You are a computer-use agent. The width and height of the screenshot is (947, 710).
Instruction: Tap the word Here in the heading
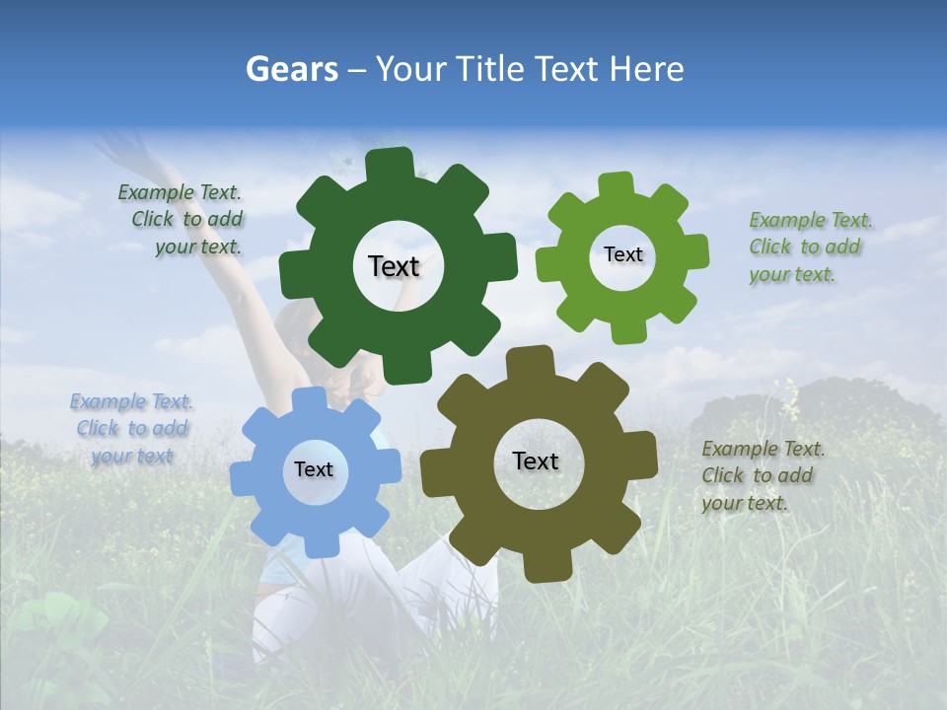pyautogui.click(x=647, y=69)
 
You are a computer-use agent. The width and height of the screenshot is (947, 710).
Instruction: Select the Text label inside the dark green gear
pyautogui.click(x=394, y=266)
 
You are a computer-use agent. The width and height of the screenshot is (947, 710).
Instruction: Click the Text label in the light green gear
pyautogui.click(x=622, y=254)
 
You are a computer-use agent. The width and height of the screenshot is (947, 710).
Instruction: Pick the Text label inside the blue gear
pyautogui.click(x=314, y=469)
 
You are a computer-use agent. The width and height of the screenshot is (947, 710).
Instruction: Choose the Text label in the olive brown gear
pyautogui.click(x=536, y=461)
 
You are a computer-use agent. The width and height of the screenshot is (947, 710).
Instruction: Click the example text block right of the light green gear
pyautogui.click(x=805, y=247)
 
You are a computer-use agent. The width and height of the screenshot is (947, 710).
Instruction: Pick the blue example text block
pyautogui.click(x=132, y=428)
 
